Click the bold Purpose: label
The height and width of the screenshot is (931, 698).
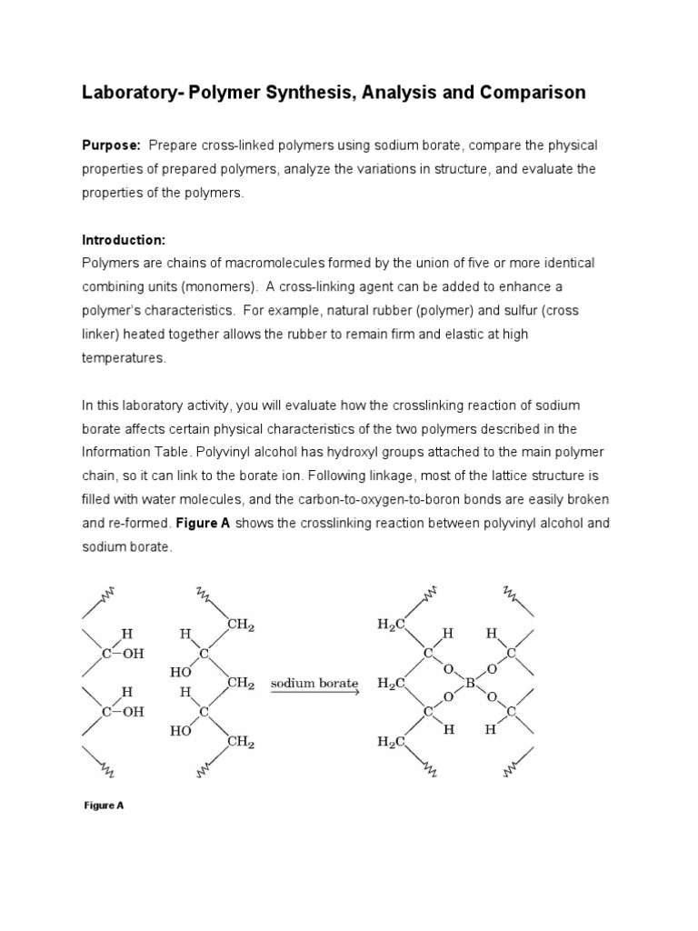112,145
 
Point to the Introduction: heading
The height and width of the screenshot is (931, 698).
124,240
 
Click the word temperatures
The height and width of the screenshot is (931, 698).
124,358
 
